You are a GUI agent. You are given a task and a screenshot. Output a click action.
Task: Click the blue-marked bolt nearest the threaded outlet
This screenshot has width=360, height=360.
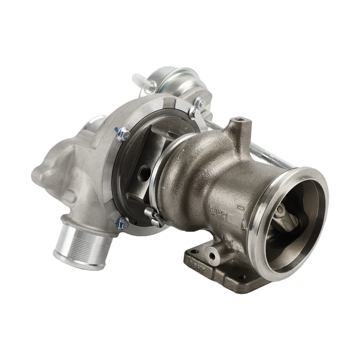(x=122, y=223)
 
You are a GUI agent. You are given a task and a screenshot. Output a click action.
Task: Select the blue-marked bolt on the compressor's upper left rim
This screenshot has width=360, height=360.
(x=123, y=133)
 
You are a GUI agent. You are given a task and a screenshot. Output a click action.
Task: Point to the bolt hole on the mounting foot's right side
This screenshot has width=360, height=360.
(x=240, y=277)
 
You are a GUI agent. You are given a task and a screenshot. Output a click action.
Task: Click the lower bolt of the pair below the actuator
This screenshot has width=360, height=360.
(x=194, y=111)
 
